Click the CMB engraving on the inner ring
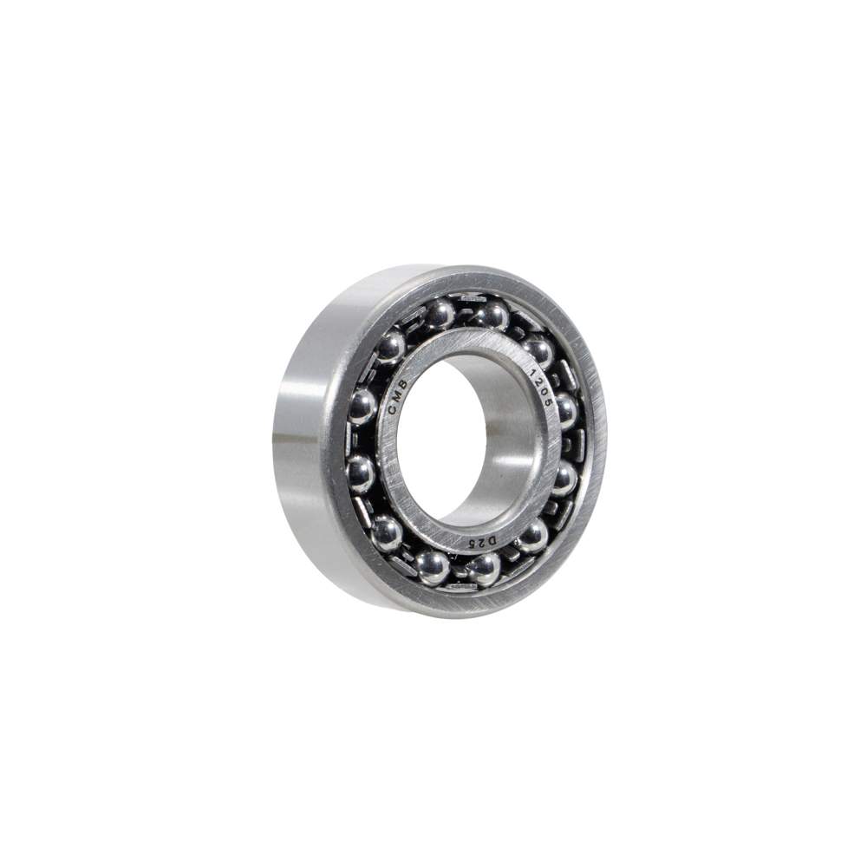(x=398, y=396)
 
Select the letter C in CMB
(x=393, y=409)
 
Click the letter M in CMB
(x=396, y=396)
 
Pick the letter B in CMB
(x=402, y=384)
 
